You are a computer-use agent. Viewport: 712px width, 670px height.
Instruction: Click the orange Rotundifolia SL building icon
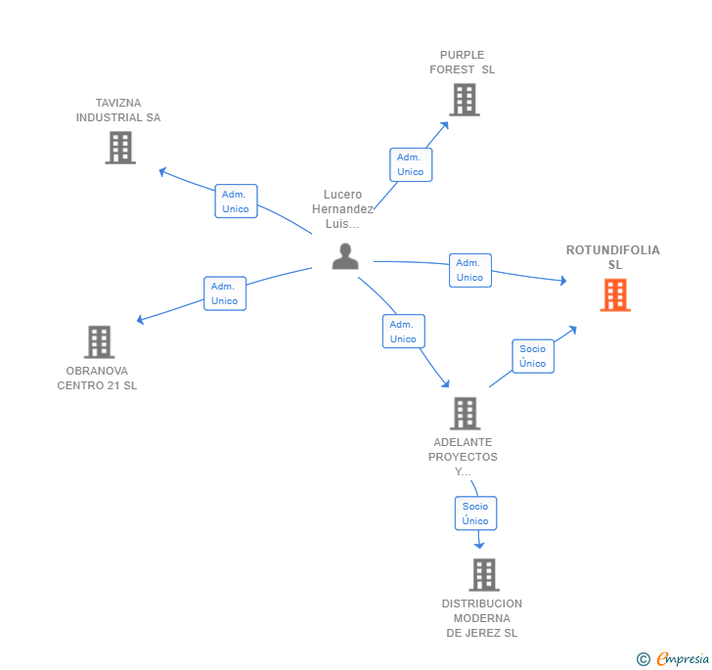coord(615,294)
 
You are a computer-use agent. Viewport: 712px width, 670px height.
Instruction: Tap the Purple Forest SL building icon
coord(465,99)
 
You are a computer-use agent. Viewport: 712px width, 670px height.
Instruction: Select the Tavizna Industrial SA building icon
coord(120,147)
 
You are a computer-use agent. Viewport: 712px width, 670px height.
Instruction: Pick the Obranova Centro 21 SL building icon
coord(99,341)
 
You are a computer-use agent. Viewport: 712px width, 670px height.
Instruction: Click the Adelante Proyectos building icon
coord(465,413)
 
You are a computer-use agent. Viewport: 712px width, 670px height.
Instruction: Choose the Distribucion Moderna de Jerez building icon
coord(483,574)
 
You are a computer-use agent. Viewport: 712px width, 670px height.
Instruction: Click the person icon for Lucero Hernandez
coord(345,256)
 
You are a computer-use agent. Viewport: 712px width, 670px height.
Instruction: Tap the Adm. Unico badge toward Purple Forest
coord(410,164)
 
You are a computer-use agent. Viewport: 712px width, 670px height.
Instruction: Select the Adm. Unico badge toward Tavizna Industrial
coord(236,201)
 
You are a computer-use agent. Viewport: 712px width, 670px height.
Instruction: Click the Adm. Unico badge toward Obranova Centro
coord(225,293)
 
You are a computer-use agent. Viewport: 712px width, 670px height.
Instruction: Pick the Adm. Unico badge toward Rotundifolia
coord(469,270)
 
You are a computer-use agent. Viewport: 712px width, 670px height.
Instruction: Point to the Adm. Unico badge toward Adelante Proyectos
coord(403,332)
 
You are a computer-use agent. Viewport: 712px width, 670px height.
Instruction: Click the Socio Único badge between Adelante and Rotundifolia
coord(533,356)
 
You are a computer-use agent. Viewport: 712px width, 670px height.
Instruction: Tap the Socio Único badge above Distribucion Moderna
coord(475,514)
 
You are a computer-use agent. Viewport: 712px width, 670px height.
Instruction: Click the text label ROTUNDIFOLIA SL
coord(613,257)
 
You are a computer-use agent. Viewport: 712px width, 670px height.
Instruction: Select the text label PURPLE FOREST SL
coord(463,63)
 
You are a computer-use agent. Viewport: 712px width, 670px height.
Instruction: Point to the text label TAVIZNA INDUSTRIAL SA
coord(118,111)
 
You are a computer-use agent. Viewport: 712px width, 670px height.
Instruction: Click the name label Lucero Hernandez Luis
coord(342,209)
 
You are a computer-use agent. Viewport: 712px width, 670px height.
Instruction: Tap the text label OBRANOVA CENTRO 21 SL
coord(97,378)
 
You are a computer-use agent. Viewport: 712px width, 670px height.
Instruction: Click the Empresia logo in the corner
coord(672,659)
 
